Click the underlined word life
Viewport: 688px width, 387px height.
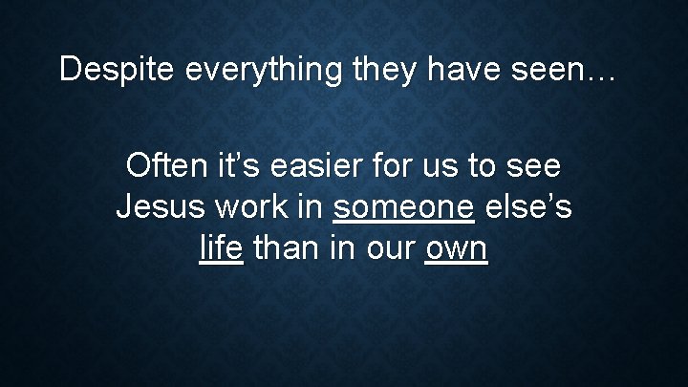click(x=222, y=248)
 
